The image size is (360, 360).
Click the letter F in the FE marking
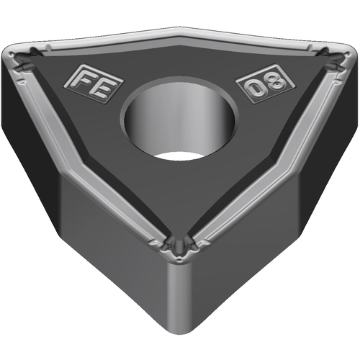pyautogui.click(x=84, y=79)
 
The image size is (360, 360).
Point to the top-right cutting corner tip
pyautogui.click(x=349, y=55)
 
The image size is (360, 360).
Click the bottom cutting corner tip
pyautogui.click(x=179, y=261)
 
